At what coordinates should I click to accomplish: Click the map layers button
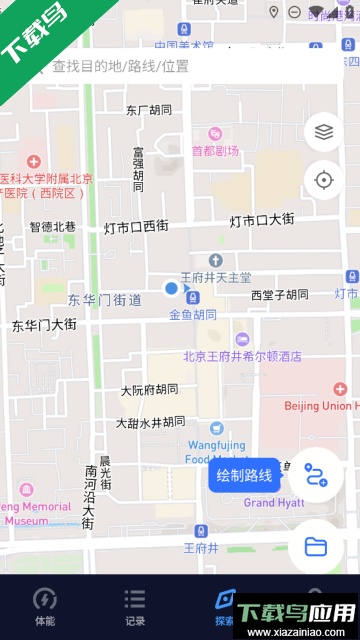[323, 131]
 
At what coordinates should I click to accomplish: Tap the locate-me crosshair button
[323, 180]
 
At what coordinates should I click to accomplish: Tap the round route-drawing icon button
[316, 475]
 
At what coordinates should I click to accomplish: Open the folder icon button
[316, 545]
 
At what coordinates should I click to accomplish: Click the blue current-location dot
[171, 289]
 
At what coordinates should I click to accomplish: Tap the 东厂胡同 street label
[151, 110]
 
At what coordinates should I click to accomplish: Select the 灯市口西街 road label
[136, 227]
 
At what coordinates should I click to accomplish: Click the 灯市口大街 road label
[262, 220]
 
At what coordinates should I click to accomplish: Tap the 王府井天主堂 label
[215, 277]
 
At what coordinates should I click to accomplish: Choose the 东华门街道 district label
[104, 300]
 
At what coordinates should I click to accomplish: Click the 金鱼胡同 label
[192, 315]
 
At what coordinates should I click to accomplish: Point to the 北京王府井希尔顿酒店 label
[242, 356]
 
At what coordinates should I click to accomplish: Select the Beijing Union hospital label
[320, 406]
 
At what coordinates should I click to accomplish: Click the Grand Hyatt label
[274, 502]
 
